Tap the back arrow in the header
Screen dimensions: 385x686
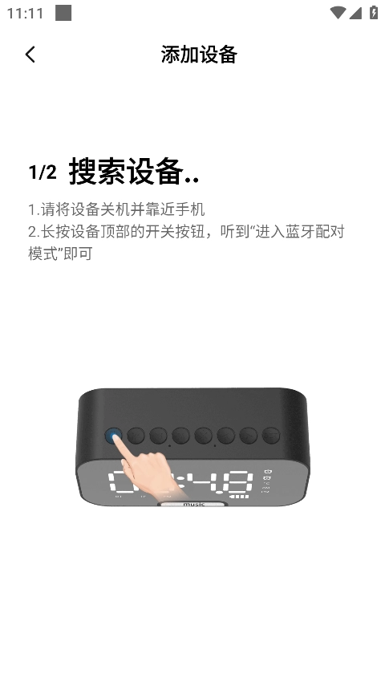point(30,55)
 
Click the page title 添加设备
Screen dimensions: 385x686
point(199,55)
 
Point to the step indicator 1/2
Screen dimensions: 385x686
point(43,173)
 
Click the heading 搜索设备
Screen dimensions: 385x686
point(126,171)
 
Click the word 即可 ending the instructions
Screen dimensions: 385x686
point(78,254)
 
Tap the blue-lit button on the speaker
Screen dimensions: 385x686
point(113,436)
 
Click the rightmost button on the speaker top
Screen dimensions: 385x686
point(271,436)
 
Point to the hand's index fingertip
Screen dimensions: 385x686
point(116,436)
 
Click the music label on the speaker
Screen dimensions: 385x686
point(193,505)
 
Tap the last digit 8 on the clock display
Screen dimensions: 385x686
point(239,482)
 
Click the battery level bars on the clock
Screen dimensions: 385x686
point(239,497)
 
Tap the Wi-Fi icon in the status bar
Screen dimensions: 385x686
point(338,13)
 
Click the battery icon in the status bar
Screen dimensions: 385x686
point(373,12)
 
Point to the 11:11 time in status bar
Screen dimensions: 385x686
point(26,14)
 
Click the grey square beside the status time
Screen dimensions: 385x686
point(63,13)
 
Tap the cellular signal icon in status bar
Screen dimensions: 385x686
point(355,13)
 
